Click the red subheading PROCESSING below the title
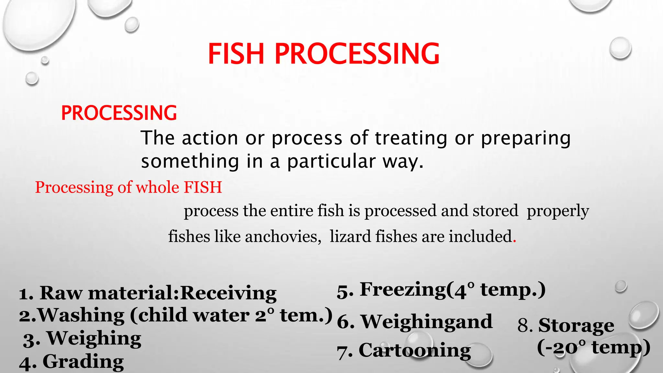click(x=119, y=113)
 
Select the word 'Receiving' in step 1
click(x=228, y=293)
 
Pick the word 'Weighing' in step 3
click(x=94, y=338)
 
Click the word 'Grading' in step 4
click(x=83, y=361)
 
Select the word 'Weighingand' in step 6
click(x=427, y=322)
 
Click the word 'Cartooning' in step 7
click(x=415, y=351)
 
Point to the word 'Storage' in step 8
click(x=576, y=325)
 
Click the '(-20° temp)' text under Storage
click(x=593, y=348)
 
